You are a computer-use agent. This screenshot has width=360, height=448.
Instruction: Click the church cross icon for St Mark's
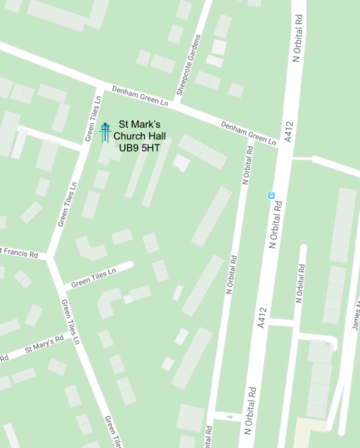105,132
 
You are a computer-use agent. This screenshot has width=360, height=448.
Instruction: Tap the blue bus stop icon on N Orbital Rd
271,195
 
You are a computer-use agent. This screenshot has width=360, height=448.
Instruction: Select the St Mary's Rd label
44,344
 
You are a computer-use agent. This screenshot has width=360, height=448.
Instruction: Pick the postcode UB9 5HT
137,147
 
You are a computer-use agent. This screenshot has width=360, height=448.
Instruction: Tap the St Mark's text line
137,124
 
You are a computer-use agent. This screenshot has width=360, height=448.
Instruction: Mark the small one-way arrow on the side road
230,417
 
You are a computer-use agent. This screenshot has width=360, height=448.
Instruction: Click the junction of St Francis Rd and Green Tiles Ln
49,257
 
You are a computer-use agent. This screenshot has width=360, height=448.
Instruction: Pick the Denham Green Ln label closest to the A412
250,131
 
